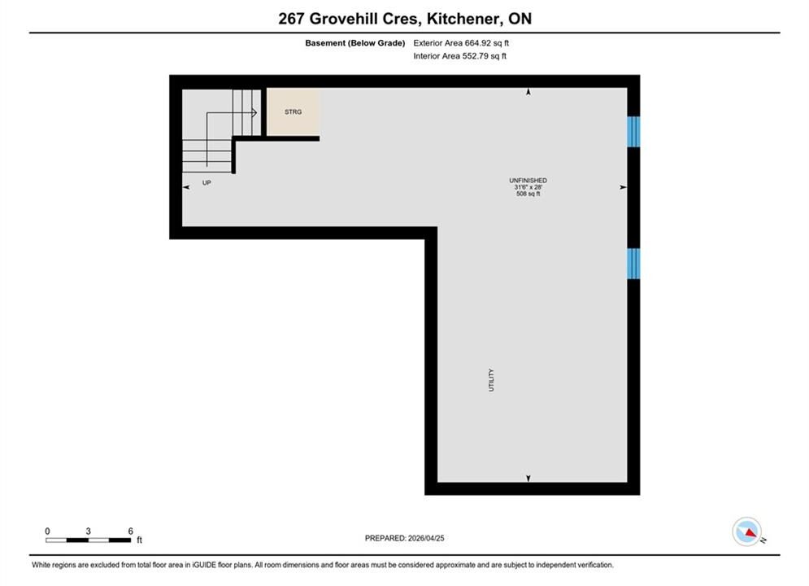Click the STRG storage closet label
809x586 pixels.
(x=293, y=112)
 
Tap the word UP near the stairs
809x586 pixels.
(x=207, y=183)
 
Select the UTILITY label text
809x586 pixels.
(x=491, y=380)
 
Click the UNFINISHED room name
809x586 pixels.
(x=528, y=180)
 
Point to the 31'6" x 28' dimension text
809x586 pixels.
(x=528, y=187)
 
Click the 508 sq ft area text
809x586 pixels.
(x=528, y=194)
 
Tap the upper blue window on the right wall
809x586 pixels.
(x=633, y=132)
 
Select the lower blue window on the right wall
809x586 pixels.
(x=633, y=264)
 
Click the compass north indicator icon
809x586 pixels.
(x=747, y=531)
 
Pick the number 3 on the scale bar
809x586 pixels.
(x=89, y=531)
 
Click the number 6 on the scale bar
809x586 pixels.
(x=131, y=531)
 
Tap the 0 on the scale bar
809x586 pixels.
(x=47, y=531)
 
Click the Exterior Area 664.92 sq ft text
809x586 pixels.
(x=461, y=43)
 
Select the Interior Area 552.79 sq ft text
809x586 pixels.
(x=459, y=56)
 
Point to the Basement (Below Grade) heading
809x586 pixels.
(x=355, y=43)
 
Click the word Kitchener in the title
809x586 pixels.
(x=463, y=19)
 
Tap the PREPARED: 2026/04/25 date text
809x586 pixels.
(x=405, y=538)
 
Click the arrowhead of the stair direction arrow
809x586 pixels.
(x=254, y=112)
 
